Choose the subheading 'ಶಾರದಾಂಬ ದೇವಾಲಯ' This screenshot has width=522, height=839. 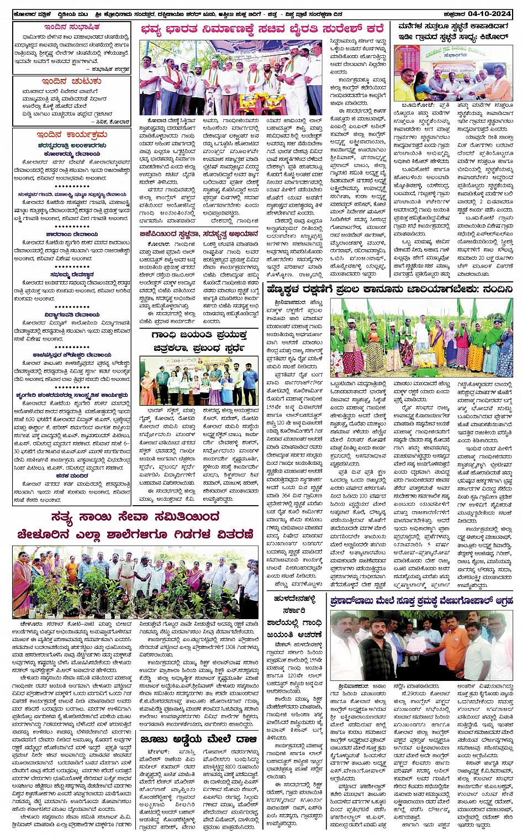pos(72,234)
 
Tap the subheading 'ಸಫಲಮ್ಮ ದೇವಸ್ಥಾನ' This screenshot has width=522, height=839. pos(72,274)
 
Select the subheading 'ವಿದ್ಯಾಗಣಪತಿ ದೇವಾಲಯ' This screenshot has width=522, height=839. pos(72,314)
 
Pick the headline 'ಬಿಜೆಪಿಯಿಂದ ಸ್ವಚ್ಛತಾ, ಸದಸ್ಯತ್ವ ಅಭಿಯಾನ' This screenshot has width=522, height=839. pos(198,234)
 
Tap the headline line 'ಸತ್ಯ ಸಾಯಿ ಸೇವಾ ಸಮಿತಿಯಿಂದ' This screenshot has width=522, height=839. pos(135,517)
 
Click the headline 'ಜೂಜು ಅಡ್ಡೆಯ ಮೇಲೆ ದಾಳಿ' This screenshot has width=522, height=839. pos(198,739)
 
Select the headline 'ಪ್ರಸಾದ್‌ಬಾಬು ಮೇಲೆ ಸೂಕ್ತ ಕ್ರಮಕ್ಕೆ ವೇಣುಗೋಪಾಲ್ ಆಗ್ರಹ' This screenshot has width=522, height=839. pos(421,601)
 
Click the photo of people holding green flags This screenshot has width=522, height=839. pos(421,337)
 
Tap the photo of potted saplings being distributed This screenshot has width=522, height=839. pos(135,582)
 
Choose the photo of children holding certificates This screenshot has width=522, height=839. pos(198,381)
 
